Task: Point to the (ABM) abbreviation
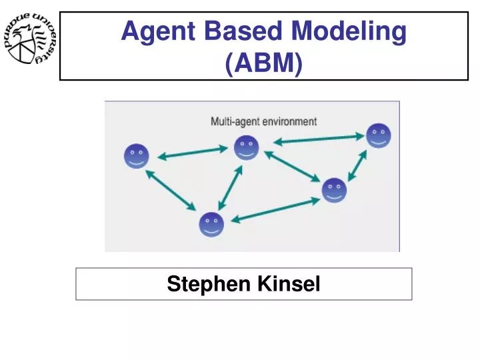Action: click(264, 63)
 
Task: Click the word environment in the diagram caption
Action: click(289, 121)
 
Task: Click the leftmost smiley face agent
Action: click(137, 156)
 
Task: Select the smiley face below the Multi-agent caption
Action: click(246, 147)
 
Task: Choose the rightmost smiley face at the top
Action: click(378, 135)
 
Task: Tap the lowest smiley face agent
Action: click(211, 225)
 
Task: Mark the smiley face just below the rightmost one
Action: click(334, 190)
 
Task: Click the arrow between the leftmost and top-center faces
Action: click(192, 153)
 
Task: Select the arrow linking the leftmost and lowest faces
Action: click(171, 191)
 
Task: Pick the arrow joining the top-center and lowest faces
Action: click(230, 187)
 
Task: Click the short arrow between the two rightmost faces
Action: click(357, 165)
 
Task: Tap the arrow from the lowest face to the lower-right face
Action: click(275, 209)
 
